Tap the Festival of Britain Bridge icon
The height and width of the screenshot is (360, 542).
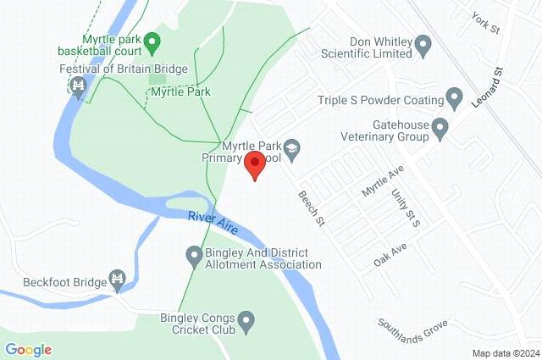[79, 86]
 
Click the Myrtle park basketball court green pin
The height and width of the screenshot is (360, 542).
[152, 41]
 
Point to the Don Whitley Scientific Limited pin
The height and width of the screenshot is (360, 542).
[426, 47]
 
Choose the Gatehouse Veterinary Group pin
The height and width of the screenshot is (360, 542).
[440, 129]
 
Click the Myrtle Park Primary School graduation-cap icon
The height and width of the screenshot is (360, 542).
[292, 149]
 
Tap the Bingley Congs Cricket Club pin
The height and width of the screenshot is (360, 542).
[246, 321]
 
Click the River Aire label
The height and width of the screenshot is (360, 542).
[212, 222]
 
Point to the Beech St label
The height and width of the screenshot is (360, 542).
[312, 208]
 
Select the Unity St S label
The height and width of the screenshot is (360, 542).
[406, 208]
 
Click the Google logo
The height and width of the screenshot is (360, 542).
[28, 349]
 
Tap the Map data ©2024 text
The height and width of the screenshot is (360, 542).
[505, 353]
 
